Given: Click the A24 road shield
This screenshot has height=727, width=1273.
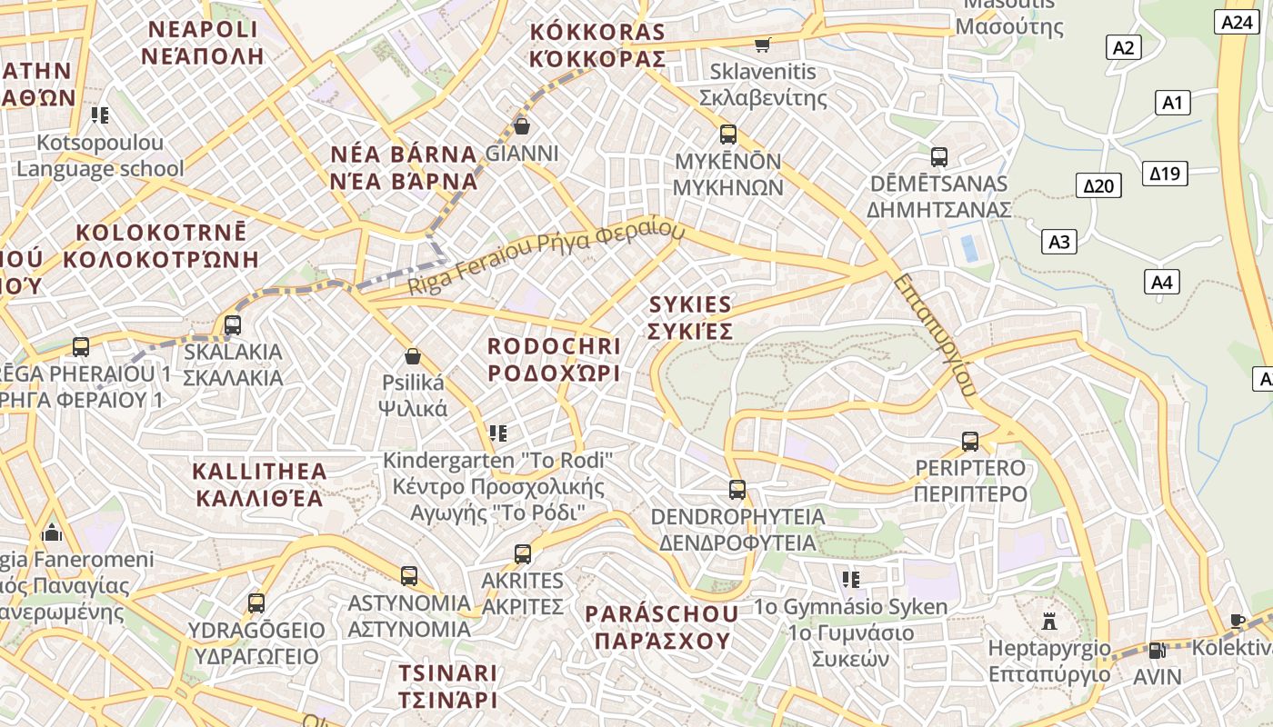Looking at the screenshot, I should [x=1237, y=23].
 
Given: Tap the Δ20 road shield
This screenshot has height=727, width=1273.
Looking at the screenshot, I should [x=1098, y=186].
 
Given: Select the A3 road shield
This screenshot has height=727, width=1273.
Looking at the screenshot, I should [x=1059, y=242].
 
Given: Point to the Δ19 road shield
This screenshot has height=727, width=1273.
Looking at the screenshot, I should [x=1165, y=173].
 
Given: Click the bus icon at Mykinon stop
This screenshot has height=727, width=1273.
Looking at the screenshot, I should [x=728, y=134].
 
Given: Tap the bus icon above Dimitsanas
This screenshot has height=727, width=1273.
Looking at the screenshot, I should [x=939, y=157].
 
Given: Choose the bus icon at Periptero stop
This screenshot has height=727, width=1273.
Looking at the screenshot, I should [x=970, y=442].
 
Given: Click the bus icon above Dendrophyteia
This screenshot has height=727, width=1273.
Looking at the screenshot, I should [x=737, y=490].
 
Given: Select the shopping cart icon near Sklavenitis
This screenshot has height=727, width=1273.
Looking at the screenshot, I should [x=763, y=44].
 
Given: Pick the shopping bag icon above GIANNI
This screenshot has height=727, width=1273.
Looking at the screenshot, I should [x=522, y=125].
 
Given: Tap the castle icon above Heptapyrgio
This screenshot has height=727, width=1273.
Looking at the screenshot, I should [x=1049, y=622].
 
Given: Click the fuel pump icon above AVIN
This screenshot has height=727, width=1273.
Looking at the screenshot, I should [x=1156, y=651].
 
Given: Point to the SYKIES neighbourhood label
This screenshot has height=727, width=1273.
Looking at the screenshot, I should [x=690, y=317].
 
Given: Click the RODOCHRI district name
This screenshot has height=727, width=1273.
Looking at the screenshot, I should [x=554, y=360].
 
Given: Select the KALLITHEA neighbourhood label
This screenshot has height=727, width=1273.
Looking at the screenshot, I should [x=260, y=484].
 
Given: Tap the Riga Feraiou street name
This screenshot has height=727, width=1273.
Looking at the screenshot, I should [x=546, y=258].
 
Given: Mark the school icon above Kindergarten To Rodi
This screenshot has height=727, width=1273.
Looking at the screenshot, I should [x=497, y=433].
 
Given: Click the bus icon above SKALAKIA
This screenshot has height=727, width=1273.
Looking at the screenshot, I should [x=233, y=324].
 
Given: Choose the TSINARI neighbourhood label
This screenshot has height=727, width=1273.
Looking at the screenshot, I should [x=447, y=686].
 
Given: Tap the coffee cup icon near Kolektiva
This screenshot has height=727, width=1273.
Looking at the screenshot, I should [x=1237, y=621].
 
